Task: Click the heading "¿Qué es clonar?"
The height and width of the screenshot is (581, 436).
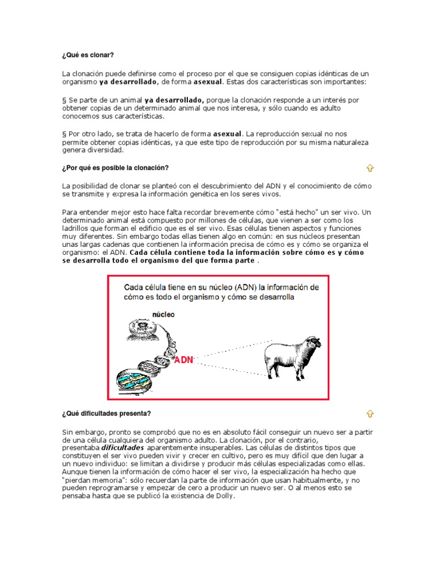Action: pos(87,55)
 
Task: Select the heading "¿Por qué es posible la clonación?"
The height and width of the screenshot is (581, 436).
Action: pos(115,168)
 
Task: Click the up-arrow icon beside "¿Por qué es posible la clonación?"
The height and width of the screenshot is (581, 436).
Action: pos(370,168)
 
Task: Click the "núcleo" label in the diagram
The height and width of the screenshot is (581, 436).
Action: pos(163,314)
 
